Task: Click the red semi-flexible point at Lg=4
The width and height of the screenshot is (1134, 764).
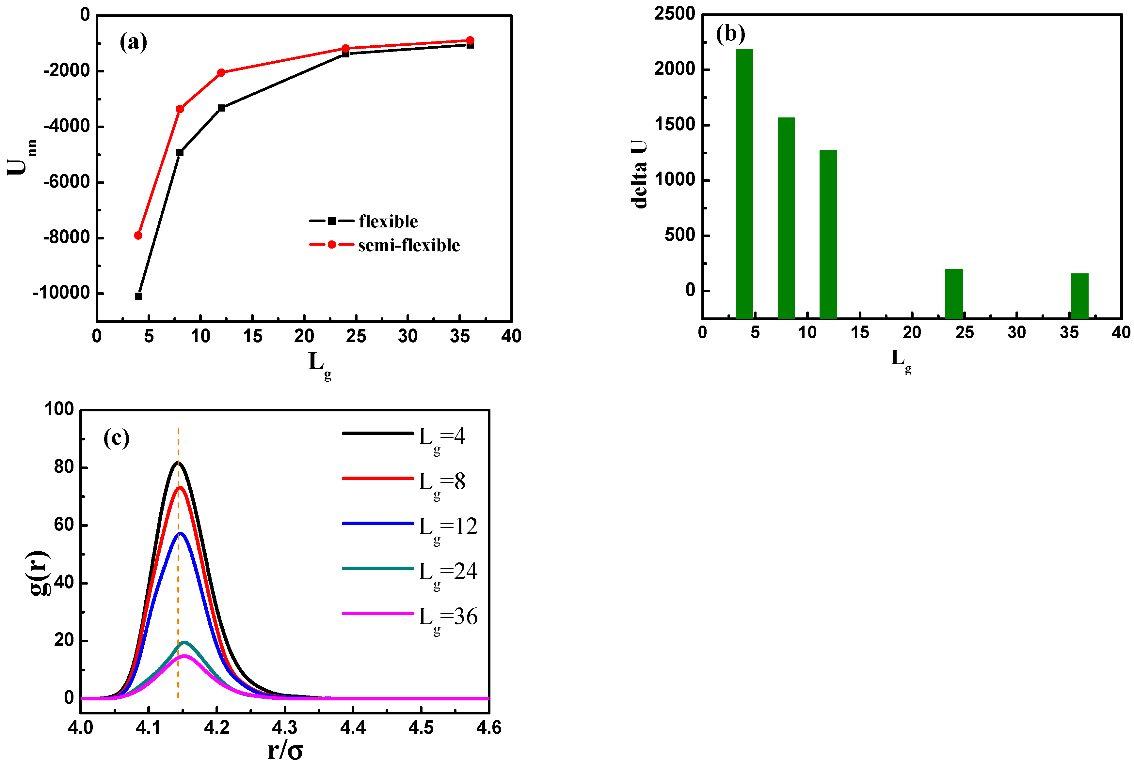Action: [138, 235]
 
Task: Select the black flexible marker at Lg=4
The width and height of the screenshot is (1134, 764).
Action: [138, 296]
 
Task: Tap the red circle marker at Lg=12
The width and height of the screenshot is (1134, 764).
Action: [221, 73]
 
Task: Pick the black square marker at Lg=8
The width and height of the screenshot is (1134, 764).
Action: [180, 153]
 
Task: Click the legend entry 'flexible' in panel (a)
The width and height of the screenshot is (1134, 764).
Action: [388, 221]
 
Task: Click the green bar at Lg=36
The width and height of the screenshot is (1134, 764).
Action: [1079, 296]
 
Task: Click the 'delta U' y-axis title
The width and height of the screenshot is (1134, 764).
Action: [639, 174]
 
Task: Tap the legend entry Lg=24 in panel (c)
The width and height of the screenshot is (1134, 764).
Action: [447, 572]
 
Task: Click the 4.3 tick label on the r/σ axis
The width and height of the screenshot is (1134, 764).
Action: [284, 728]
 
